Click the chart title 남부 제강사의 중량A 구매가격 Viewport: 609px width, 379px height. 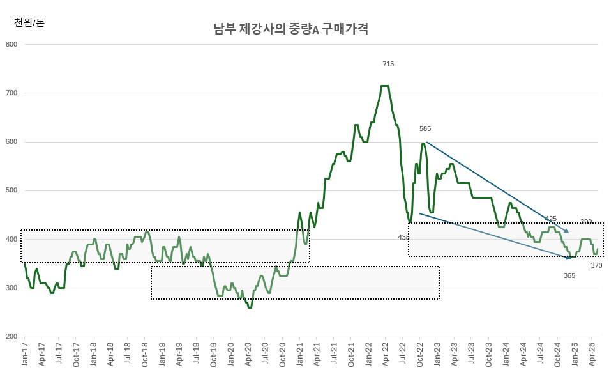tap(290, 29)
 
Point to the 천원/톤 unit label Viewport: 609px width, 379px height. tap(29, 23)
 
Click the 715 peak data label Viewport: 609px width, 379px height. tap(388, 64)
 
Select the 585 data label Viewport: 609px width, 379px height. tap(425, 129)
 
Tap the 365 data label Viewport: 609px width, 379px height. tap(569, 275)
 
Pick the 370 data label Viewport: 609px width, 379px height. tap(596, 265)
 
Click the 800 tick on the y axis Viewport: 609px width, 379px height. tap(11, 44)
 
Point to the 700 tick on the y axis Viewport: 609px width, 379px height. tap(11, 93)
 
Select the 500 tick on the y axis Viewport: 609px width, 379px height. tap(11, 190)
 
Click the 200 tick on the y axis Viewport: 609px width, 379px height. tap(11, 337)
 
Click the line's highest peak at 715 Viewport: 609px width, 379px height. tap(385, 86)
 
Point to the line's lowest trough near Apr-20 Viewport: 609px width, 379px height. tap(250, 307)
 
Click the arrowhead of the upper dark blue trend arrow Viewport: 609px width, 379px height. tap(568, 232)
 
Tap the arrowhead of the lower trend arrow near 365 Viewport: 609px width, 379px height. tap(570, 258)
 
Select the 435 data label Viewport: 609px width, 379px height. tap(403, 237)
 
